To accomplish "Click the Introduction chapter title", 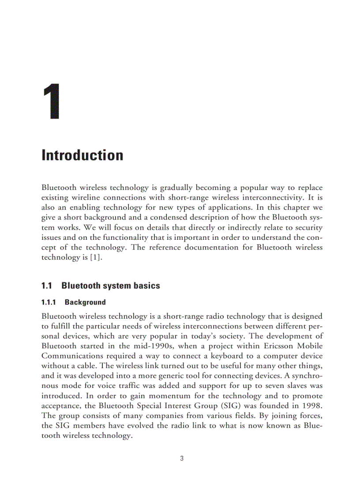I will pos(82,156).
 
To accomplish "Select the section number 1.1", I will pos(47,286).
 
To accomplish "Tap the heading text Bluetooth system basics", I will pos(111,286).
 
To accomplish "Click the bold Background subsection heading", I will pos(85,302).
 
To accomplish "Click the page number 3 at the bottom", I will pos(182,458).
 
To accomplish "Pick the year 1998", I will pos(311,406).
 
